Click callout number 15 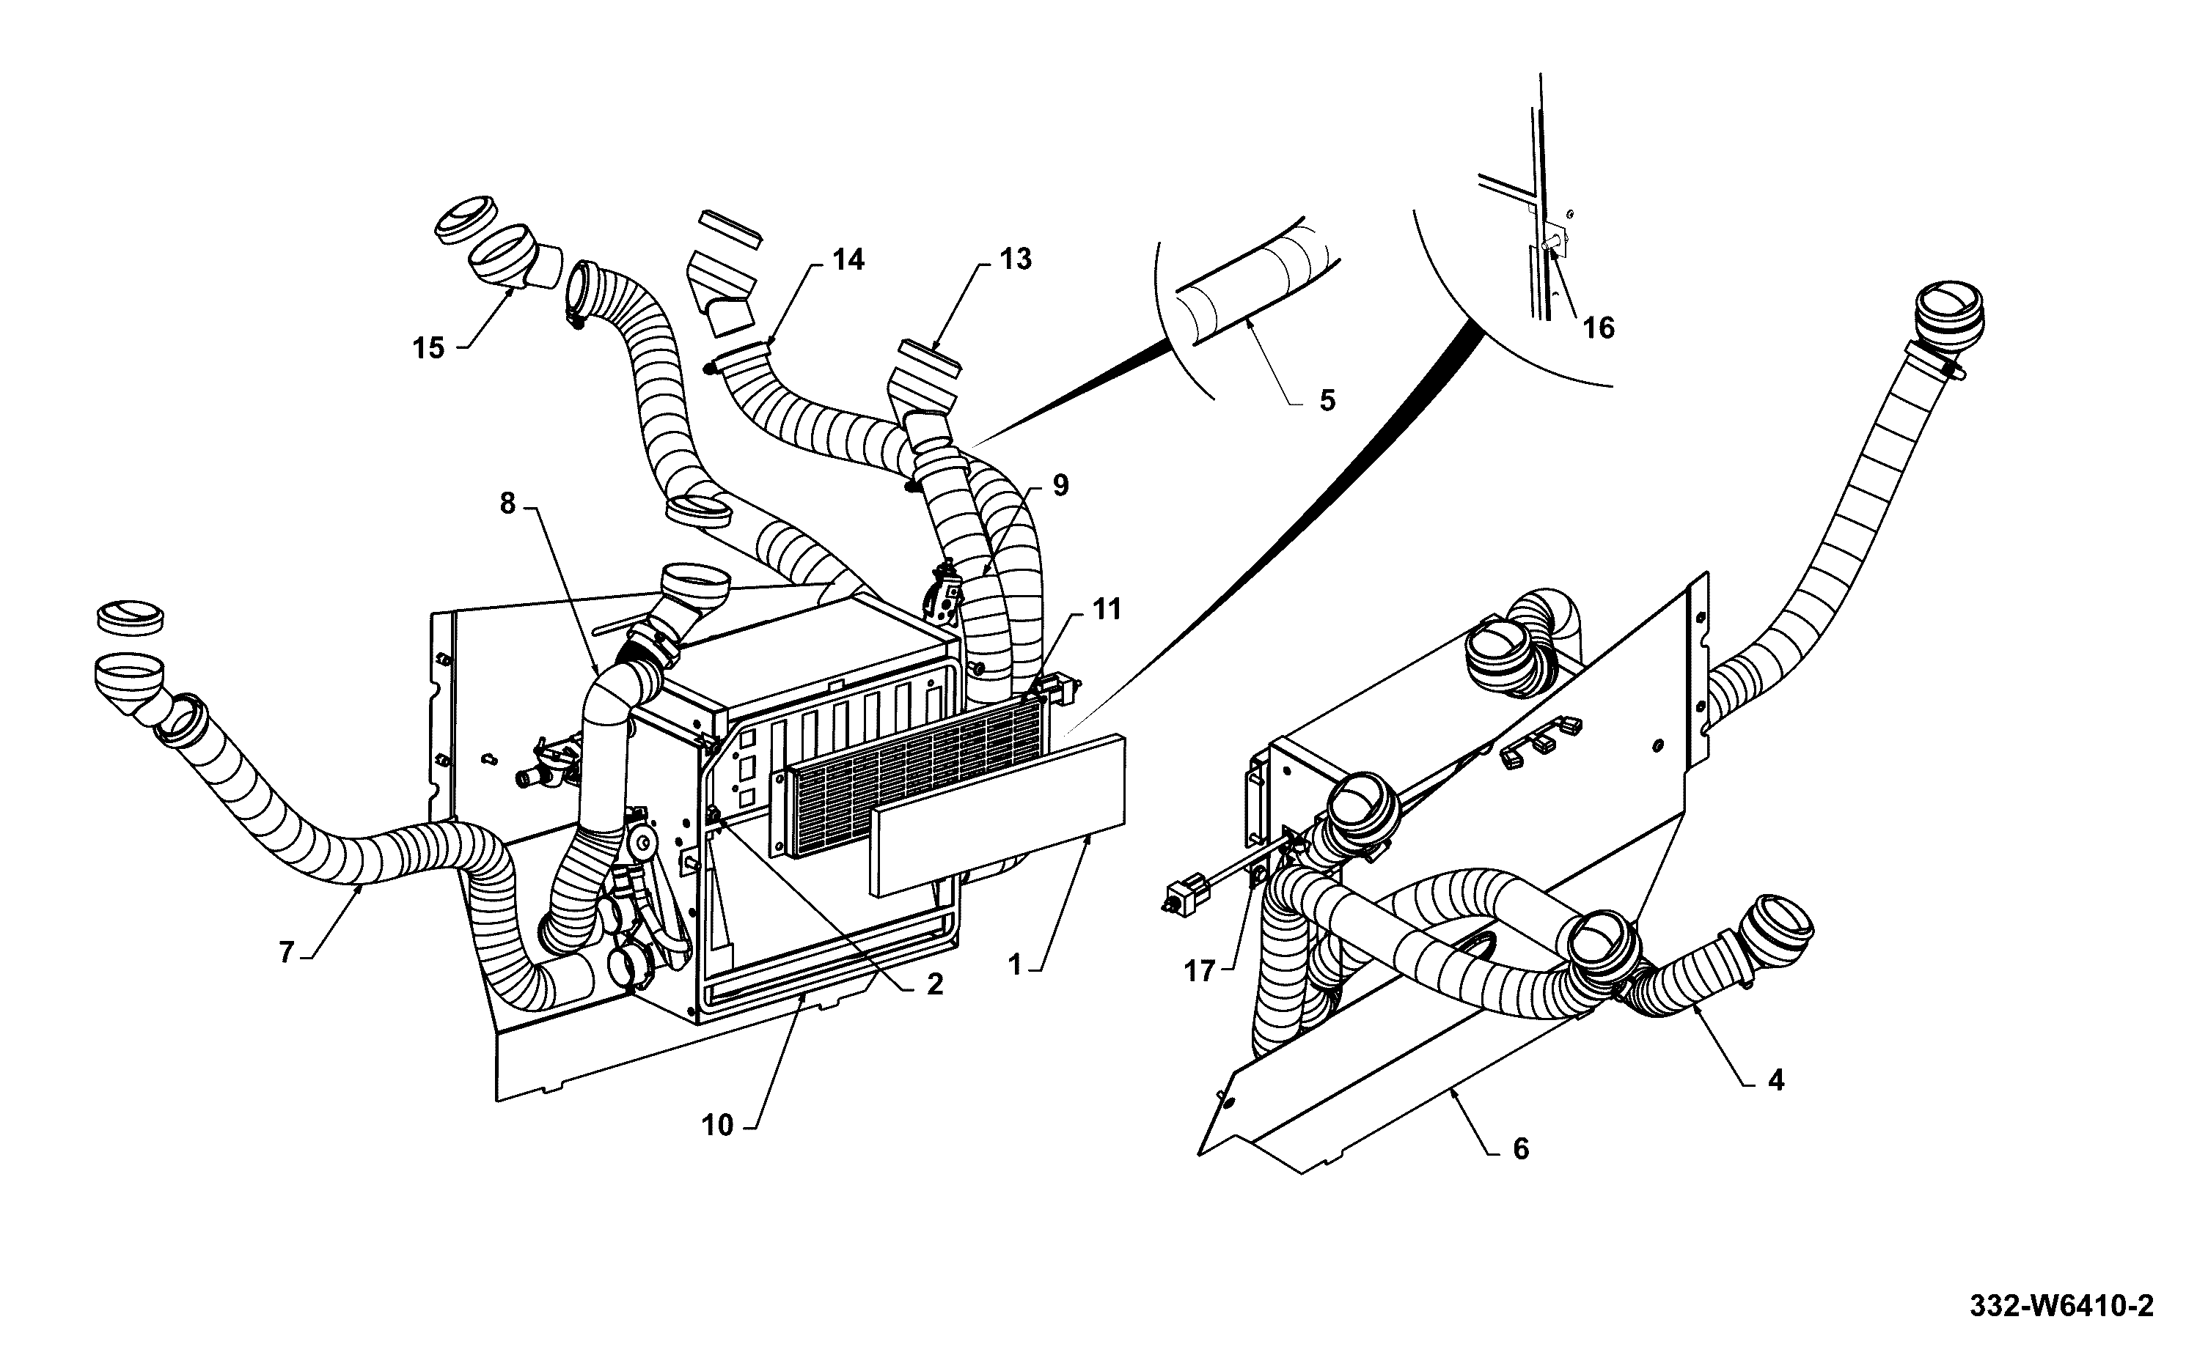(x=428, y=347)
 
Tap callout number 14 (x=848, y=260)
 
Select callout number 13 (x=1015, y=259)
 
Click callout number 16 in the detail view (x=1599, y=328)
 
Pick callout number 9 (x=1060, y=486)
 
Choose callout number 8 (x=508, y=503)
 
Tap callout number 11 (x=1107, y=610)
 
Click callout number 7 (x=287, y=953)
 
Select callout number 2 (x=934, y=985)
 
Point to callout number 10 (x=717, y=1126)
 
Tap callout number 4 (x=1776, y=1081)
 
